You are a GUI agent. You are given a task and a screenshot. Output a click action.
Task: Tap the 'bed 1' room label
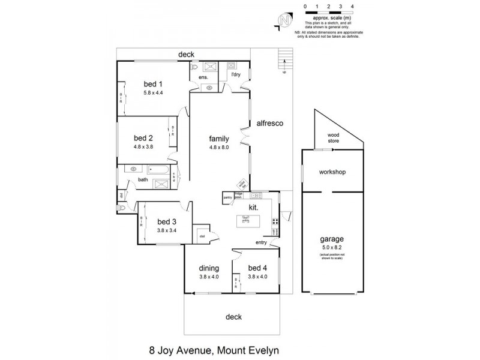click(x=153, y=83)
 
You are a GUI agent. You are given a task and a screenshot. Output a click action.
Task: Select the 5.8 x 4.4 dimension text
click(x=153, y=93)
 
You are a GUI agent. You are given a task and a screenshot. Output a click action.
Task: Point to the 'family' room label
click(x=219, y=137)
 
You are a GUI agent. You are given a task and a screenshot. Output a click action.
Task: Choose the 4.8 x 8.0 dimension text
click(x=219, y=147)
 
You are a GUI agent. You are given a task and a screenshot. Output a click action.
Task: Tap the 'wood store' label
click(x=333, y=138)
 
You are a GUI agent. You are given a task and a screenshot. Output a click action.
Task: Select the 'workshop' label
click(x=333, y=172)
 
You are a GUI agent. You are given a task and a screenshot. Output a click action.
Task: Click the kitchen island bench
click(x=246, y=221)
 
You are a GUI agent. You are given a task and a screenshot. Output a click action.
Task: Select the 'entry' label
click(x=261, y=242)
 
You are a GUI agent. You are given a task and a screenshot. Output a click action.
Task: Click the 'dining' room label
click(x=209, y=268)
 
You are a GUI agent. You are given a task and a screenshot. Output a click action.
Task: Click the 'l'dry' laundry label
click(x=235, y=74)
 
